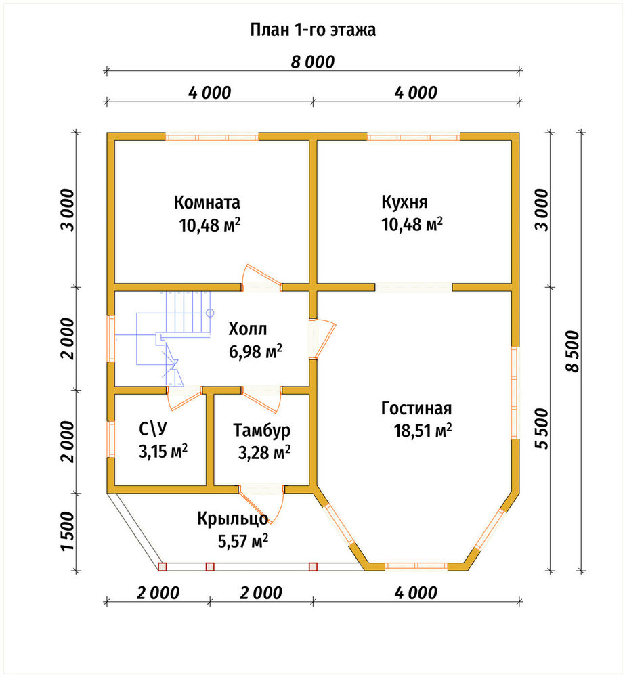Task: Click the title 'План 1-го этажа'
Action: click(x=313, y=30)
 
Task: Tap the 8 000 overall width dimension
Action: click(x=313, y=62)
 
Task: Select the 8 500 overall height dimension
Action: click(x=572, y=351)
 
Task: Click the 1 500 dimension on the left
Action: click(x=68, y=531)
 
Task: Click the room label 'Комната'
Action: click(x=207, y=202)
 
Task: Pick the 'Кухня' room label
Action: click(x=404, y=202)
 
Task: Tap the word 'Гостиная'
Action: click(x=416, y=408)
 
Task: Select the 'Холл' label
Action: click(x=248, y=329)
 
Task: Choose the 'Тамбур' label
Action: click(x=262, y=430)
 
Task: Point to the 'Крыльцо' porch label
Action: click(x=233, y=519)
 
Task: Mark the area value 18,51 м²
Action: click(x=423, y=431)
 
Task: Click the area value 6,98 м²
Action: click(x=256, y=351)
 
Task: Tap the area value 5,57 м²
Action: click(x=242, y=540)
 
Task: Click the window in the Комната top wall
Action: click(x=212, y=137)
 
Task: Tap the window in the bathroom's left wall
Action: click(x=111, y=439)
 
